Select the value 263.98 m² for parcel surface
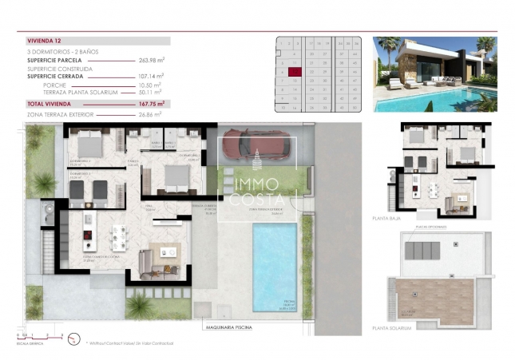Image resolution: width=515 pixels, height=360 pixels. pos(150,59)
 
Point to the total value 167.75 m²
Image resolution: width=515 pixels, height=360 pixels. pos(150,104)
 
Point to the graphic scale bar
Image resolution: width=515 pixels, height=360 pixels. pos(32,338)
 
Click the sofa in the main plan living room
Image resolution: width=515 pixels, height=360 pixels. pos(149,263)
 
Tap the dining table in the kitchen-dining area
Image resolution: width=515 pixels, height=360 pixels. pos(120,236)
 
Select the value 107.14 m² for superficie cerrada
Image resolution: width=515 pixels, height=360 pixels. pos(150,77)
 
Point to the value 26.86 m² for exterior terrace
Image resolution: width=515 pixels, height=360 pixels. pos(150,114)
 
